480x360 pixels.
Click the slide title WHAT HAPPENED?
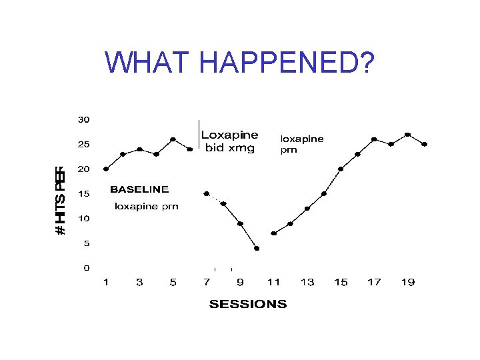coord(240,63)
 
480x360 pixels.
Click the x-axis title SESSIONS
coord(248,305)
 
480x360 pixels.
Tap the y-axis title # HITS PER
coord(60,200)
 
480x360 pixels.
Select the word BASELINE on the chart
coord(139,189)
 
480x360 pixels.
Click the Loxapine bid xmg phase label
coord(229,141)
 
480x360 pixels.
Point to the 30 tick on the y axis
coord(83,120)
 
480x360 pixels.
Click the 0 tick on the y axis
coord(86,268)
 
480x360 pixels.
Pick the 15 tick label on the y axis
coord(83,194)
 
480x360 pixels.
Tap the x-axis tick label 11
coord(273,283)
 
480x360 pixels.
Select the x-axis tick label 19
coord(408,283)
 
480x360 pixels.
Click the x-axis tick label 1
coord(106,283)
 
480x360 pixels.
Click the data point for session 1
coord(106,169)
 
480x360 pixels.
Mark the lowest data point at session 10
coord(257,248)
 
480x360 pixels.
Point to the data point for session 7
coord(207,194)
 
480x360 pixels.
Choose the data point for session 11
coord(273,233)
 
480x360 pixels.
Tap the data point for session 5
coord(173,139)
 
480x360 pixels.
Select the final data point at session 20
coord(425,144)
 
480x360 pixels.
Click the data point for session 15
coord(341,169)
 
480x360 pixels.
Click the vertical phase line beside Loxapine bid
coord(198,134)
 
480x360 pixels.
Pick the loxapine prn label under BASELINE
coord(147,207)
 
